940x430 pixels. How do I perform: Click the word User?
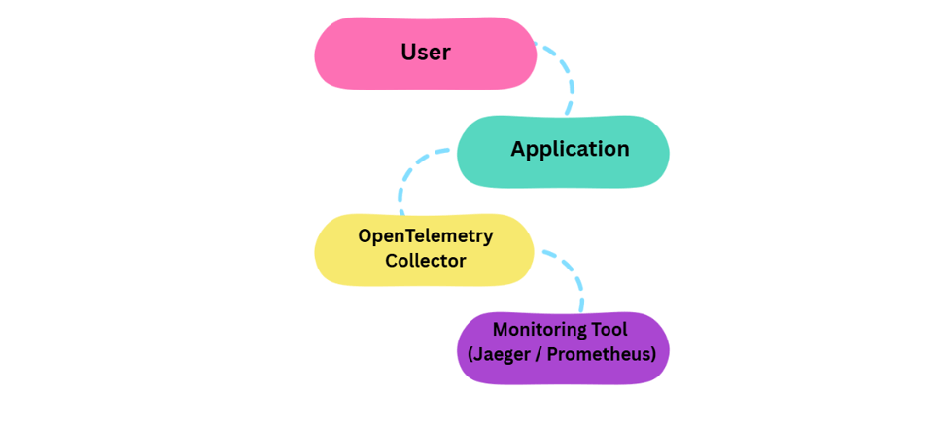pyautogui.click(x=426, y=53)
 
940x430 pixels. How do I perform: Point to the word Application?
pyautogui.click(x=570, y=149)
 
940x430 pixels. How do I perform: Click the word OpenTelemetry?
pyautogui.click(x=426, y=236)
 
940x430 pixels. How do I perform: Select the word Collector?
pyautogui.click(x=426, y=261)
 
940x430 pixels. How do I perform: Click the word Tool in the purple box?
pyautogui.click(x=609, y=330)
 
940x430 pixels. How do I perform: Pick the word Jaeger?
pyautogui.click(x=501, y=354)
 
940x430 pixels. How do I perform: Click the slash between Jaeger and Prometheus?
pyautogui.click(x=538, y=354)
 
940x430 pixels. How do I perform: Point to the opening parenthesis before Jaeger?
pyautogui.click(x=471, y=354)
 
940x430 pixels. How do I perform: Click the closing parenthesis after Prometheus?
pyautogui.click(x=653, y=354)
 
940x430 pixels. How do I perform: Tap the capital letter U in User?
pyautogui.click(x=408, y=53)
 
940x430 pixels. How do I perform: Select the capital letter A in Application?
pyautogui.click(x=518, y=149)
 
